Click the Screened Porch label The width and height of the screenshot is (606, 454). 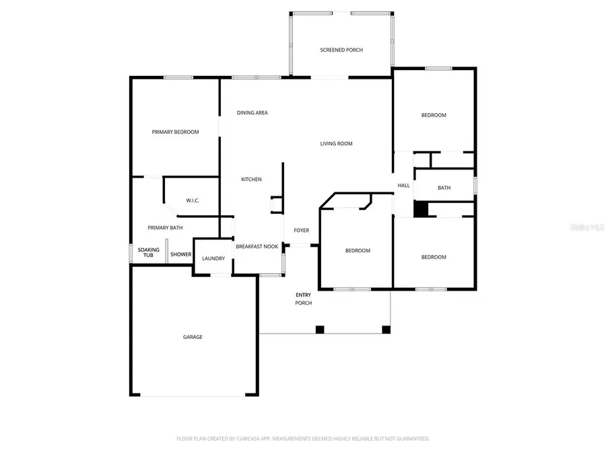[341, 50]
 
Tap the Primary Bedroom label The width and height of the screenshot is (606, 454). [175, 133]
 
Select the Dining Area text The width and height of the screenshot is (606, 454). [252, 113]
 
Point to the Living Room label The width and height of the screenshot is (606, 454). [336, 144]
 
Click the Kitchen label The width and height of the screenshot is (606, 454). [252, 180]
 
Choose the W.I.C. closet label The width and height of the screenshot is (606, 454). [193, 201]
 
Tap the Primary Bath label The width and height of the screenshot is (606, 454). [166, 228]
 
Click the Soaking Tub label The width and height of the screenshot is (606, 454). [149, 253]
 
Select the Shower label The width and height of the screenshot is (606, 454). [180, 255]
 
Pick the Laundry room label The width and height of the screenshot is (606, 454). [213, 259]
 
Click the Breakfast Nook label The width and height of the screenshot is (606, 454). [257, 248]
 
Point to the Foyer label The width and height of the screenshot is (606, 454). [301, 231]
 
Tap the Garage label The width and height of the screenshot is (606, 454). [193, 338]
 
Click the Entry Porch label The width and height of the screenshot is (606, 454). [304, 299]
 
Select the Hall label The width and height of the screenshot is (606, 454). [403, 186]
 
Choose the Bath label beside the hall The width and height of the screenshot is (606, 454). [444, 188]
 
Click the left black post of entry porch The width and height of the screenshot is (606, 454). [320, 330]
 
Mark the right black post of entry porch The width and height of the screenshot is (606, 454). [386, 330]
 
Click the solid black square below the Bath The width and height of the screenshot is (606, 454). [421, 210]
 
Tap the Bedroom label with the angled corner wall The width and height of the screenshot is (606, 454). [358, 252]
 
